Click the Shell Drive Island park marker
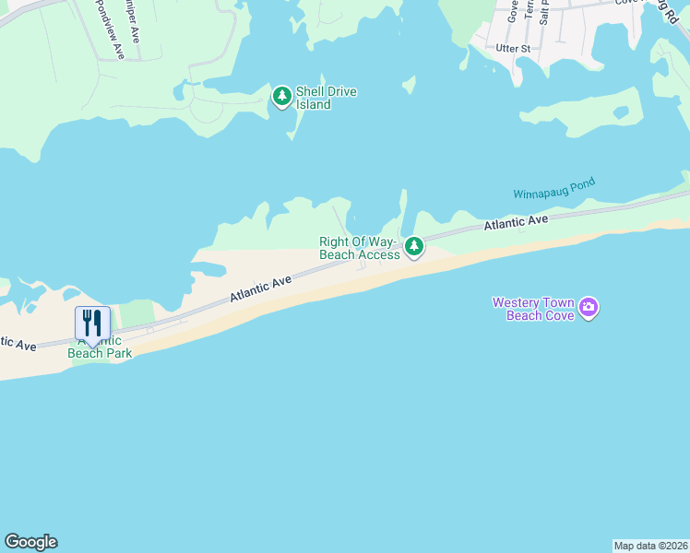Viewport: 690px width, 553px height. pyautogui.click(x=281, y=96)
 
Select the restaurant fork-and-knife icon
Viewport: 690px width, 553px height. pyautogui.click(x=92, y=324)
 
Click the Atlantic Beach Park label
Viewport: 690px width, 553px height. pyautogui.click(x=103, y=347)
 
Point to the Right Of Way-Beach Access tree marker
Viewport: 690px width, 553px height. pyautogui.click(x=414, y=246)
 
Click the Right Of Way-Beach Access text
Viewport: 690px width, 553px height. pyautogui.click(x=360, y=248)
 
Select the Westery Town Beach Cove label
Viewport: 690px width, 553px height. pyautogui.click(x=533, y=309)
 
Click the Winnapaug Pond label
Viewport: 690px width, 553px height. pyautogui.click(x=553, y=188)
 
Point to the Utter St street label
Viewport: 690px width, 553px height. pyautogui.click(x=514, y=48)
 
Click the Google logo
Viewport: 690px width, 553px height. pyautogui.click(x=30, y=542)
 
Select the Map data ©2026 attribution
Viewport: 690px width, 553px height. pyautogui.click(x=650, y=546)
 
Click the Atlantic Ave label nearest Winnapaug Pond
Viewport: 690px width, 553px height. pyautogui.click(x=517, y=221)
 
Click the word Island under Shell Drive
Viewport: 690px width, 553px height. pyautogui.click(x=314, y=105)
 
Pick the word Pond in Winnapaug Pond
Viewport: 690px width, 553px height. pyautogui.click(x=581, y=183)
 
